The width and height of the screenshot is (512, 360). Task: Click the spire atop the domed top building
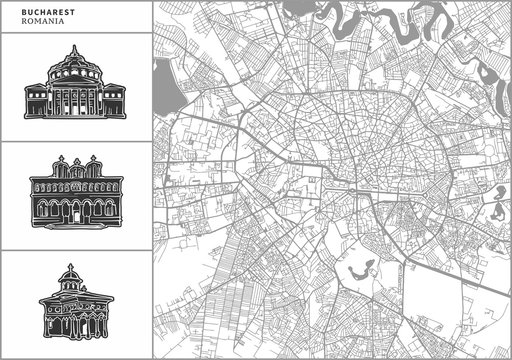75,47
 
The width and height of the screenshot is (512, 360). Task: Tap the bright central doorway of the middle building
75,209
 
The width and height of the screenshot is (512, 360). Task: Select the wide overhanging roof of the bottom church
75,299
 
